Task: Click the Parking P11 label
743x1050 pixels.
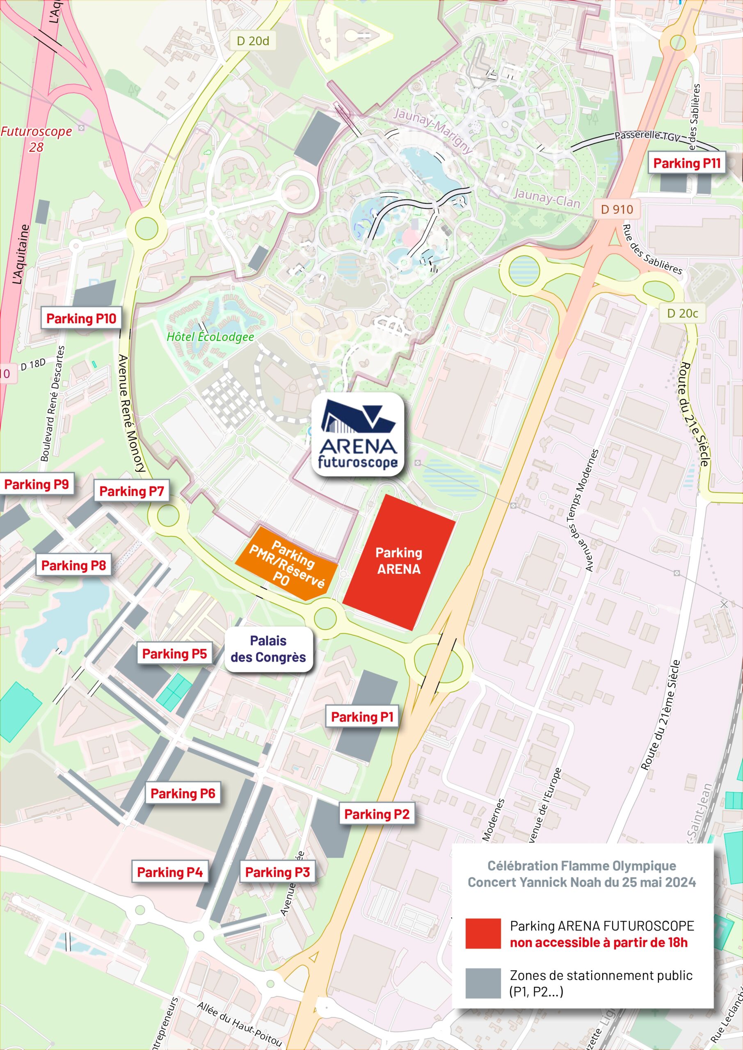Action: coord(687,163)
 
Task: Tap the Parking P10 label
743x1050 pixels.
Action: coord(81,318)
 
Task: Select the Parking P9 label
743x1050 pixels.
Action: coord(36,484)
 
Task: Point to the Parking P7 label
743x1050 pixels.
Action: coord(131,491)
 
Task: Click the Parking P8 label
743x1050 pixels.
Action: coord(74,565)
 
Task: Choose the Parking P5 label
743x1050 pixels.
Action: coord(174,654)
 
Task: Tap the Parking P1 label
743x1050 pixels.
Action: coord(362,717)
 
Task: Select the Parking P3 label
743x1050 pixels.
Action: coord(277,872)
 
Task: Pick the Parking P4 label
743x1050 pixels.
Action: coord(170,872)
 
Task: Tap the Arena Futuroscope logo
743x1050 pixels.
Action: coord(358,434)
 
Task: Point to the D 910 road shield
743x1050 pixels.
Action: coord(617,210)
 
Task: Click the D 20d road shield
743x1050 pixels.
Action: coord(253,41)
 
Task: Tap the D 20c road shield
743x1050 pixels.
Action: coord(682,313)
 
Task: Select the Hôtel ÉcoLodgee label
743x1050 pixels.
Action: coord(210,337)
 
